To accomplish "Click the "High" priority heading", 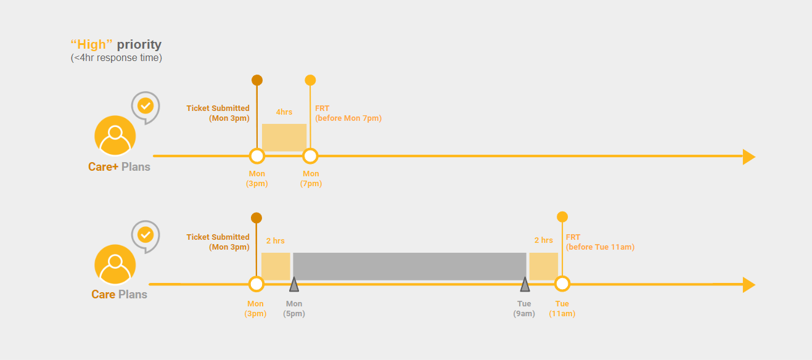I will (116, 44).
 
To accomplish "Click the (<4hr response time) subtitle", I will (116, 58).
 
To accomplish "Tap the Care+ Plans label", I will (119, 166).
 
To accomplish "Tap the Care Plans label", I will (119, 294).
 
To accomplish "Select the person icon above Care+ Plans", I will (115, 136).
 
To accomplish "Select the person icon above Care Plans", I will (115, 264).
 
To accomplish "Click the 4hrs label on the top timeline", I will (284, 112).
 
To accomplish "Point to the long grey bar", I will (409, 266).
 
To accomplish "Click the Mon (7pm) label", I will (311, 179).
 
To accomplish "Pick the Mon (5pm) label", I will (294, 308).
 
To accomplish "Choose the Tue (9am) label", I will (525, 308).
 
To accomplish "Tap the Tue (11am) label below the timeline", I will (562, 308).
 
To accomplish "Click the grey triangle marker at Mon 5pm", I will (294, 284).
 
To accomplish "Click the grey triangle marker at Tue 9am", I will (525, 284).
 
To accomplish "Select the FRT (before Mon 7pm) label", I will (348, 113).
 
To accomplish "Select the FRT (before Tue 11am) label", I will (599, 242).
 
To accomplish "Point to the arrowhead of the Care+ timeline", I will (748, 157).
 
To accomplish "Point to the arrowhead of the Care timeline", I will (748, 285).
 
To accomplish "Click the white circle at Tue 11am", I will (562, 284).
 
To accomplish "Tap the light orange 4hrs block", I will (284, 137).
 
